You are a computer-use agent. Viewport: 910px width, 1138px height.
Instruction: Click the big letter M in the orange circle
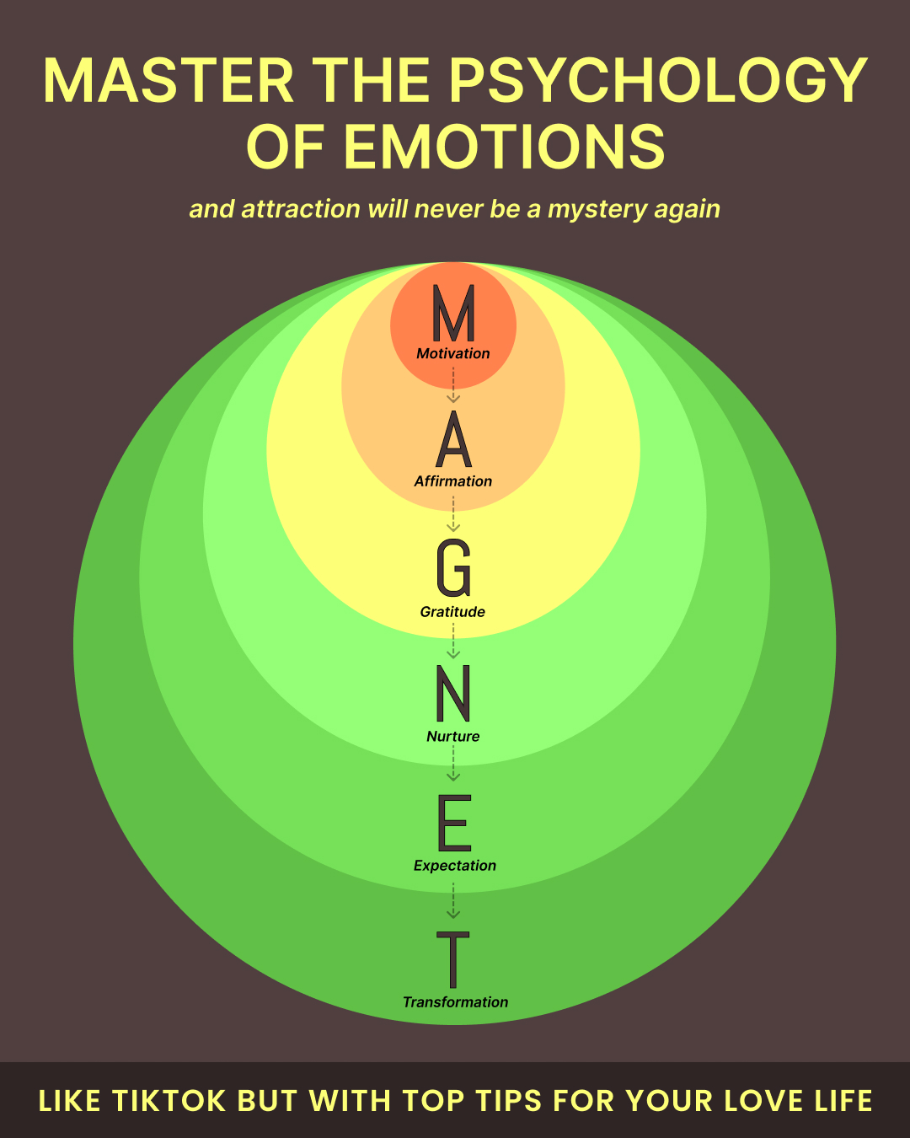453,313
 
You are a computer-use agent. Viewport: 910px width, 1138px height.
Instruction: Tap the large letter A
453,439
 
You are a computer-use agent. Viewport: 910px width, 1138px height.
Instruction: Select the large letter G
453,567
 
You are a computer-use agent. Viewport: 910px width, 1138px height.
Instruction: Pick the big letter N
453,693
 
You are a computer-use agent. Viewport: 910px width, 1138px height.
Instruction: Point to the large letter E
454,823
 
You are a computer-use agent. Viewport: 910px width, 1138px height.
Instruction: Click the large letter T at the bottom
453,960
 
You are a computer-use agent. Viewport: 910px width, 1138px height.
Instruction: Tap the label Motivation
453,353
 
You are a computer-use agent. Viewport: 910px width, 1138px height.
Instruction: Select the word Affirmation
453,481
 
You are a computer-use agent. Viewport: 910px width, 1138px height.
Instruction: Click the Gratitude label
452,612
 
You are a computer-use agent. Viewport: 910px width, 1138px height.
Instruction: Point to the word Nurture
453,736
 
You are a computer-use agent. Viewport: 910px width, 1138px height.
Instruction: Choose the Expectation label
455,866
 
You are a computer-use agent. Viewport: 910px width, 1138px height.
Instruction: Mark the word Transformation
455,1002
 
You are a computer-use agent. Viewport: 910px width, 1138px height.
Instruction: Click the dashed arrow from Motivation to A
453,385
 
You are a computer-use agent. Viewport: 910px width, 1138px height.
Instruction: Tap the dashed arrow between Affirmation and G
453,513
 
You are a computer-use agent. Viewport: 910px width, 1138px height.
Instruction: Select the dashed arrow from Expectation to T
453,900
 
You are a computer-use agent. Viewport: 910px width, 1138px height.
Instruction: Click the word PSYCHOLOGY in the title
658,80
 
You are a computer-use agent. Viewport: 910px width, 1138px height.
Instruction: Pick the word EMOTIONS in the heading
505,146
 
